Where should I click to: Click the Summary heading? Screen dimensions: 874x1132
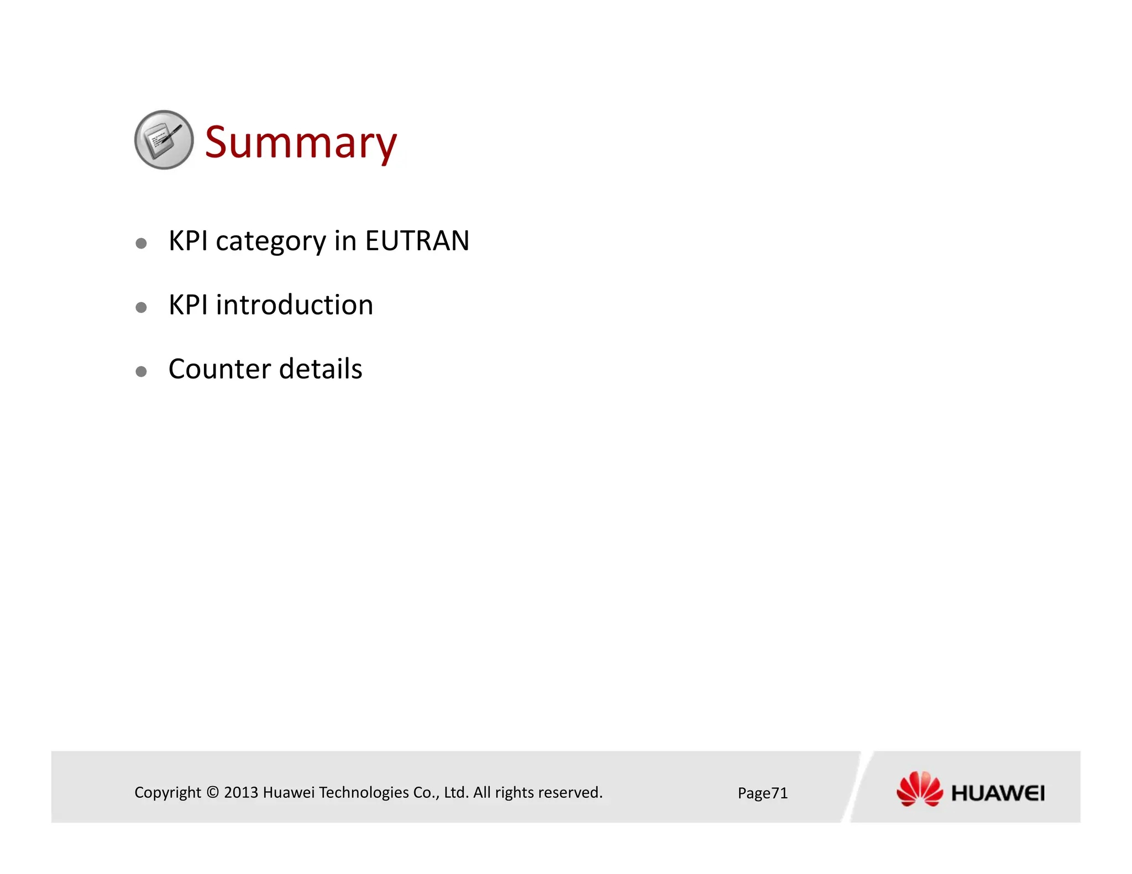point(300,143)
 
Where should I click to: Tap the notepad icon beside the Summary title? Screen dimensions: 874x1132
point(164,140)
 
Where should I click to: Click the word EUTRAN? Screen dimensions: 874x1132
point(417,241)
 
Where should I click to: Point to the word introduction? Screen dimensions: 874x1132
point(294,305)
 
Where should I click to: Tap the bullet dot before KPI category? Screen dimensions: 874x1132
point(141,244)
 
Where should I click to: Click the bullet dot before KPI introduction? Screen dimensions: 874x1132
point(141,308)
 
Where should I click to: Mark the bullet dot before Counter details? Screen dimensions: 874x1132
point(141,372)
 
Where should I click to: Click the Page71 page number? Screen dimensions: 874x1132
point(762,793)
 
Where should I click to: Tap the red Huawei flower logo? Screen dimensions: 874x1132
point(919,789)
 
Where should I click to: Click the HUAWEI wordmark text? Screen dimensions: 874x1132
point(998,793)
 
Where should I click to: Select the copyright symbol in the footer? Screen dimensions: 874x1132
point(213,792)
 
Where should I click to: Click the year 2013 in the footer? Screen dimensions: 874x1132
point(241,792)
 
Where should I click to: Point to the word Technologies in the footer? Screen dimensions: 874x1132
point(364,792)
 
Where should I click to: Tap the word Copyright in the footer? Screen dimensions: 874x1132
point(167,792)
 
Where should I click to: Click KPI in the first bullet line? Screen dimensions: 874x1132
point(188,241)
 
